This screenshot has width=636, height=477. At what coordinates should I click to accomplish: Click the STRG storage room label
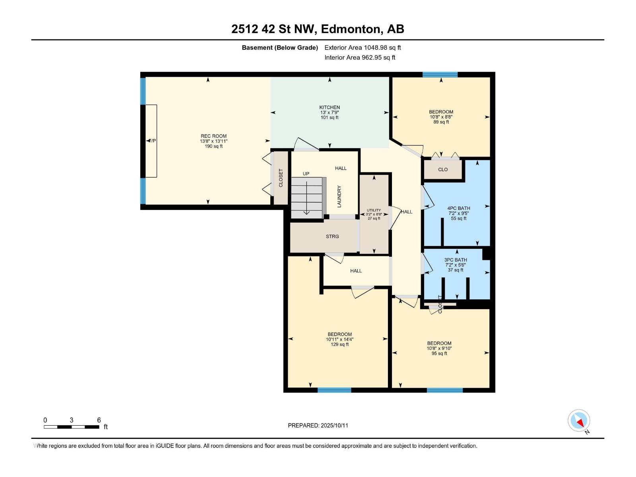(332, 237)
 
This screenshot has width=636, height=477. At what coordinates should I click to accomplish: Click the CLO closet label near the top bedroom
(443, 170)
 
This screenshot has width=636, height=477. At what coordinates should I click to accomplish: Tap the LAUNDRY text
(339, 196)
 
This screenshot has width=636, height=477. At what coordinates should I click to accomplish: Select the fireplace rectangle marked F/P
(151, 141)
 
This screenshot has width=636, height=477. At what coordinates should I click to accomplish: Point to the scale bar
(72, 427)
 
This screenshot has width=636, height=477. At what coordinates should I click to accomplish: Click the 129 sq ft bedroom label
(339, 339)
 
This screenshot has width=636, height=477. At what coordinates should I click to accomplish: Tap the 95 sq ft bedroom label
(439, 348)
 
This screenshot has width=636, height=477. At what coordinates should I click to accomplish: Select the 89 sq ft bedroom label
(441, 117)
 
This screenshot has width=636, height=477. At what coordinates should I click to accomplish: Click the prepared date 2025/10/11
(318, 425)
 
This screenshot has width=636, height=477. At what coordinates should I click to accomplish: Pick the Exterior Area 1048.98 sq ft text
(363, 48)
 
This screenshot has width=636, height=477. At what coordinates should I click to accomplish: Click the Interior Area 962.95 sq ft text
(360, 58)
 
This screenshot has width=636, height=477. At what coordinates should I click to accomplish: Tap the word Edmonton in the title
(350, 29)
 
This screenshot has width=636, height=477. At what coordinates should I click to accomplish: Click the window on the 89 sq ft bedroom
(440, 74)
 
